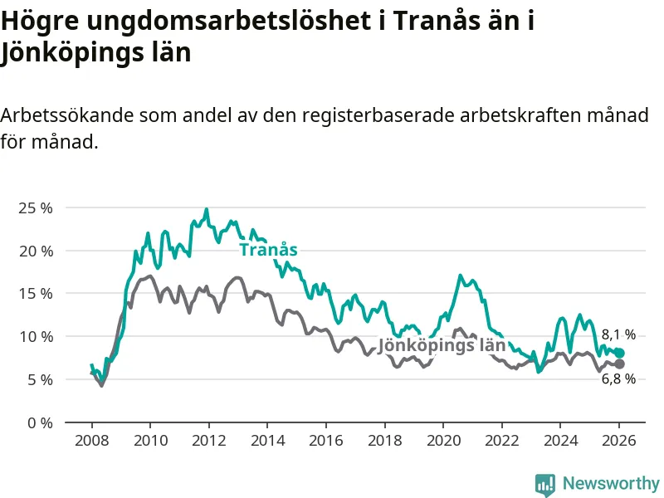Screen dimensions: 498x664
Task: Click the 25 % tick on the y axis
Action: pos(35,207)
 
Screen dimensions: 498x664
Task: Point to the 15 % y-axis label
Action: pos(35,293)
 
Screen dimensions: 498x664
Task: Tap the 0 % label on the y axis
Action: pos(40,422)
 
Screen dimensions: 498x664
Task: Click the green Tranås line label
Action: pos(268,250)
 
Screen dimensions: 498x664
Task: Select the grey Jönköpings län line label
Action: pos(442,346)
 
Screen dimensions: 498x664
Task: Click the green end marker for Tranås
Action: pos(619,353)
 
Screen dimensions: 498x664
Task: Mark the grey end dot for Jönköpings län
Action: pos(619,364)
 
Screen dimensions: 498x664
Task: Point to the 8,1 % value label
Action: pos(618,335)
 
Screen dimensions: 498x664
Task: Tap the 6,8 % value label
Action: pos(618,379)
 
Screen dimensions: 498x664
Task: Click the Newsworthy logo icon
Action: pos(545,483)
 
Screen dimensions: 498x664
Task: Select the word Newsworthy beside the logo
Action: pos(611,483)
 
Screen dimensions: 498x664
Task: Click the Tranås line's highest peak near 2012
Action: pos(207,209)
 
